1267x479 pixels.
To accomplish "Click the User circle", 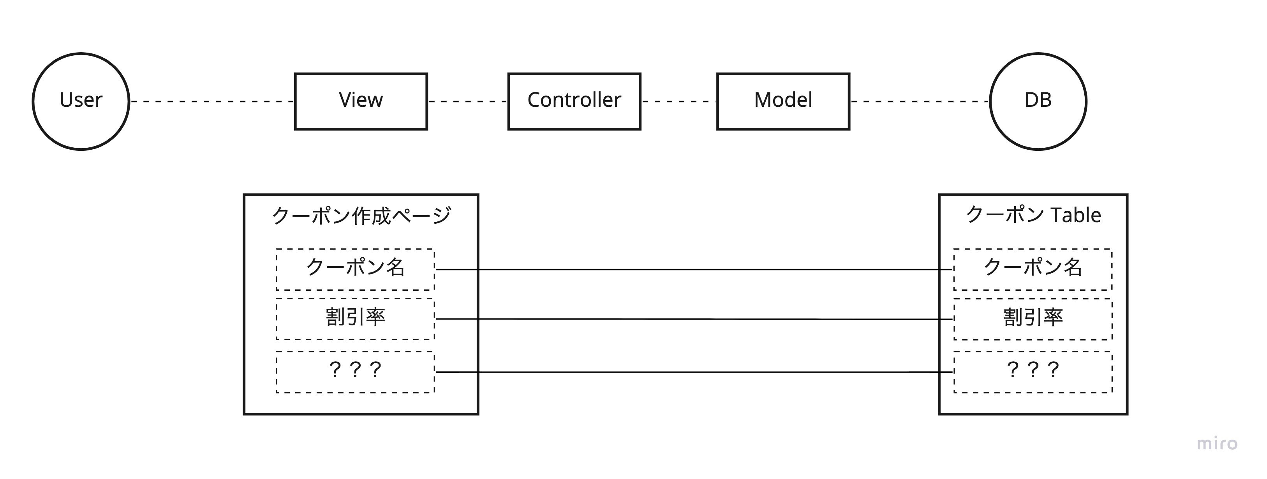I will tap(81, 101).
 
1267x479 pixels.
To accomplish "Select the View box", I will tap(361, 101).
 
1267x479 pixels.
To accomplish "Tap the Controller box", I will tap(574, 101).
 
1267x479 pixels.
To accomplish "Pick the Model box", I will tap(783, 101).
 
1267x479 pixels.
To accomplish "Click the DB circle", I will tap(1038, 101).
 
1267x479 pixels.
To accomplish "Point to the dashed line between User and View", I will tap(211, 101).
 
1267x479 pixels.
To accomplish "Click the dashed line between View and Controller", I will tap(467, 101).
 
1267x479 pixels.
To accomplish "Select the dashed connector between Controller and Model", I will tap(679, 101).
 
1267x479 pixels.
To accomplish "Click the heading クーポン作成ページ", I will tap(361, 216).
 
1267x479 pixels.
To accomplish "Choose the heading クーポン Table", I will tap(1033, 215).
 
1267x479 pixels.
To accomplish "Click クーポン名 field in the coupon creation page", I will tap(355, 269).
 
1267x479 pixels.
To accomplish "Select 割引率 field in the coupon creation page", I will tap(355, 318).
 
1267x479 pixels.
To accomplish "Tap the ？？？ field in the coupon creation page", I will tap(355, 372).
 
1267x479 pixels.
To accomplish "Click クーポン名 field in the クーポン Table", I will tap(1033, 269).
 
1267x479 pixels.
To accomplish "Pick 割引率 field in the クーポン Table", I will tap(1033, 318).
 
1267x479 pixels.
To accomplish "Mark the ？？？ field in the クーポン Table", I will tap(1033, 372).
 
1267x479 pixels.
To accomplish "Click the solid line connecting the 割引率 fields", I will tap(694, 319).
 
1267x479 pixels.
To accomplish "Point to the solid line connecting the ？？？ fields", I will tap(694, 372).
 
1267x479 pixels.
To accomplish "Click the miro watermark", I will tap(1217, 443).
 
